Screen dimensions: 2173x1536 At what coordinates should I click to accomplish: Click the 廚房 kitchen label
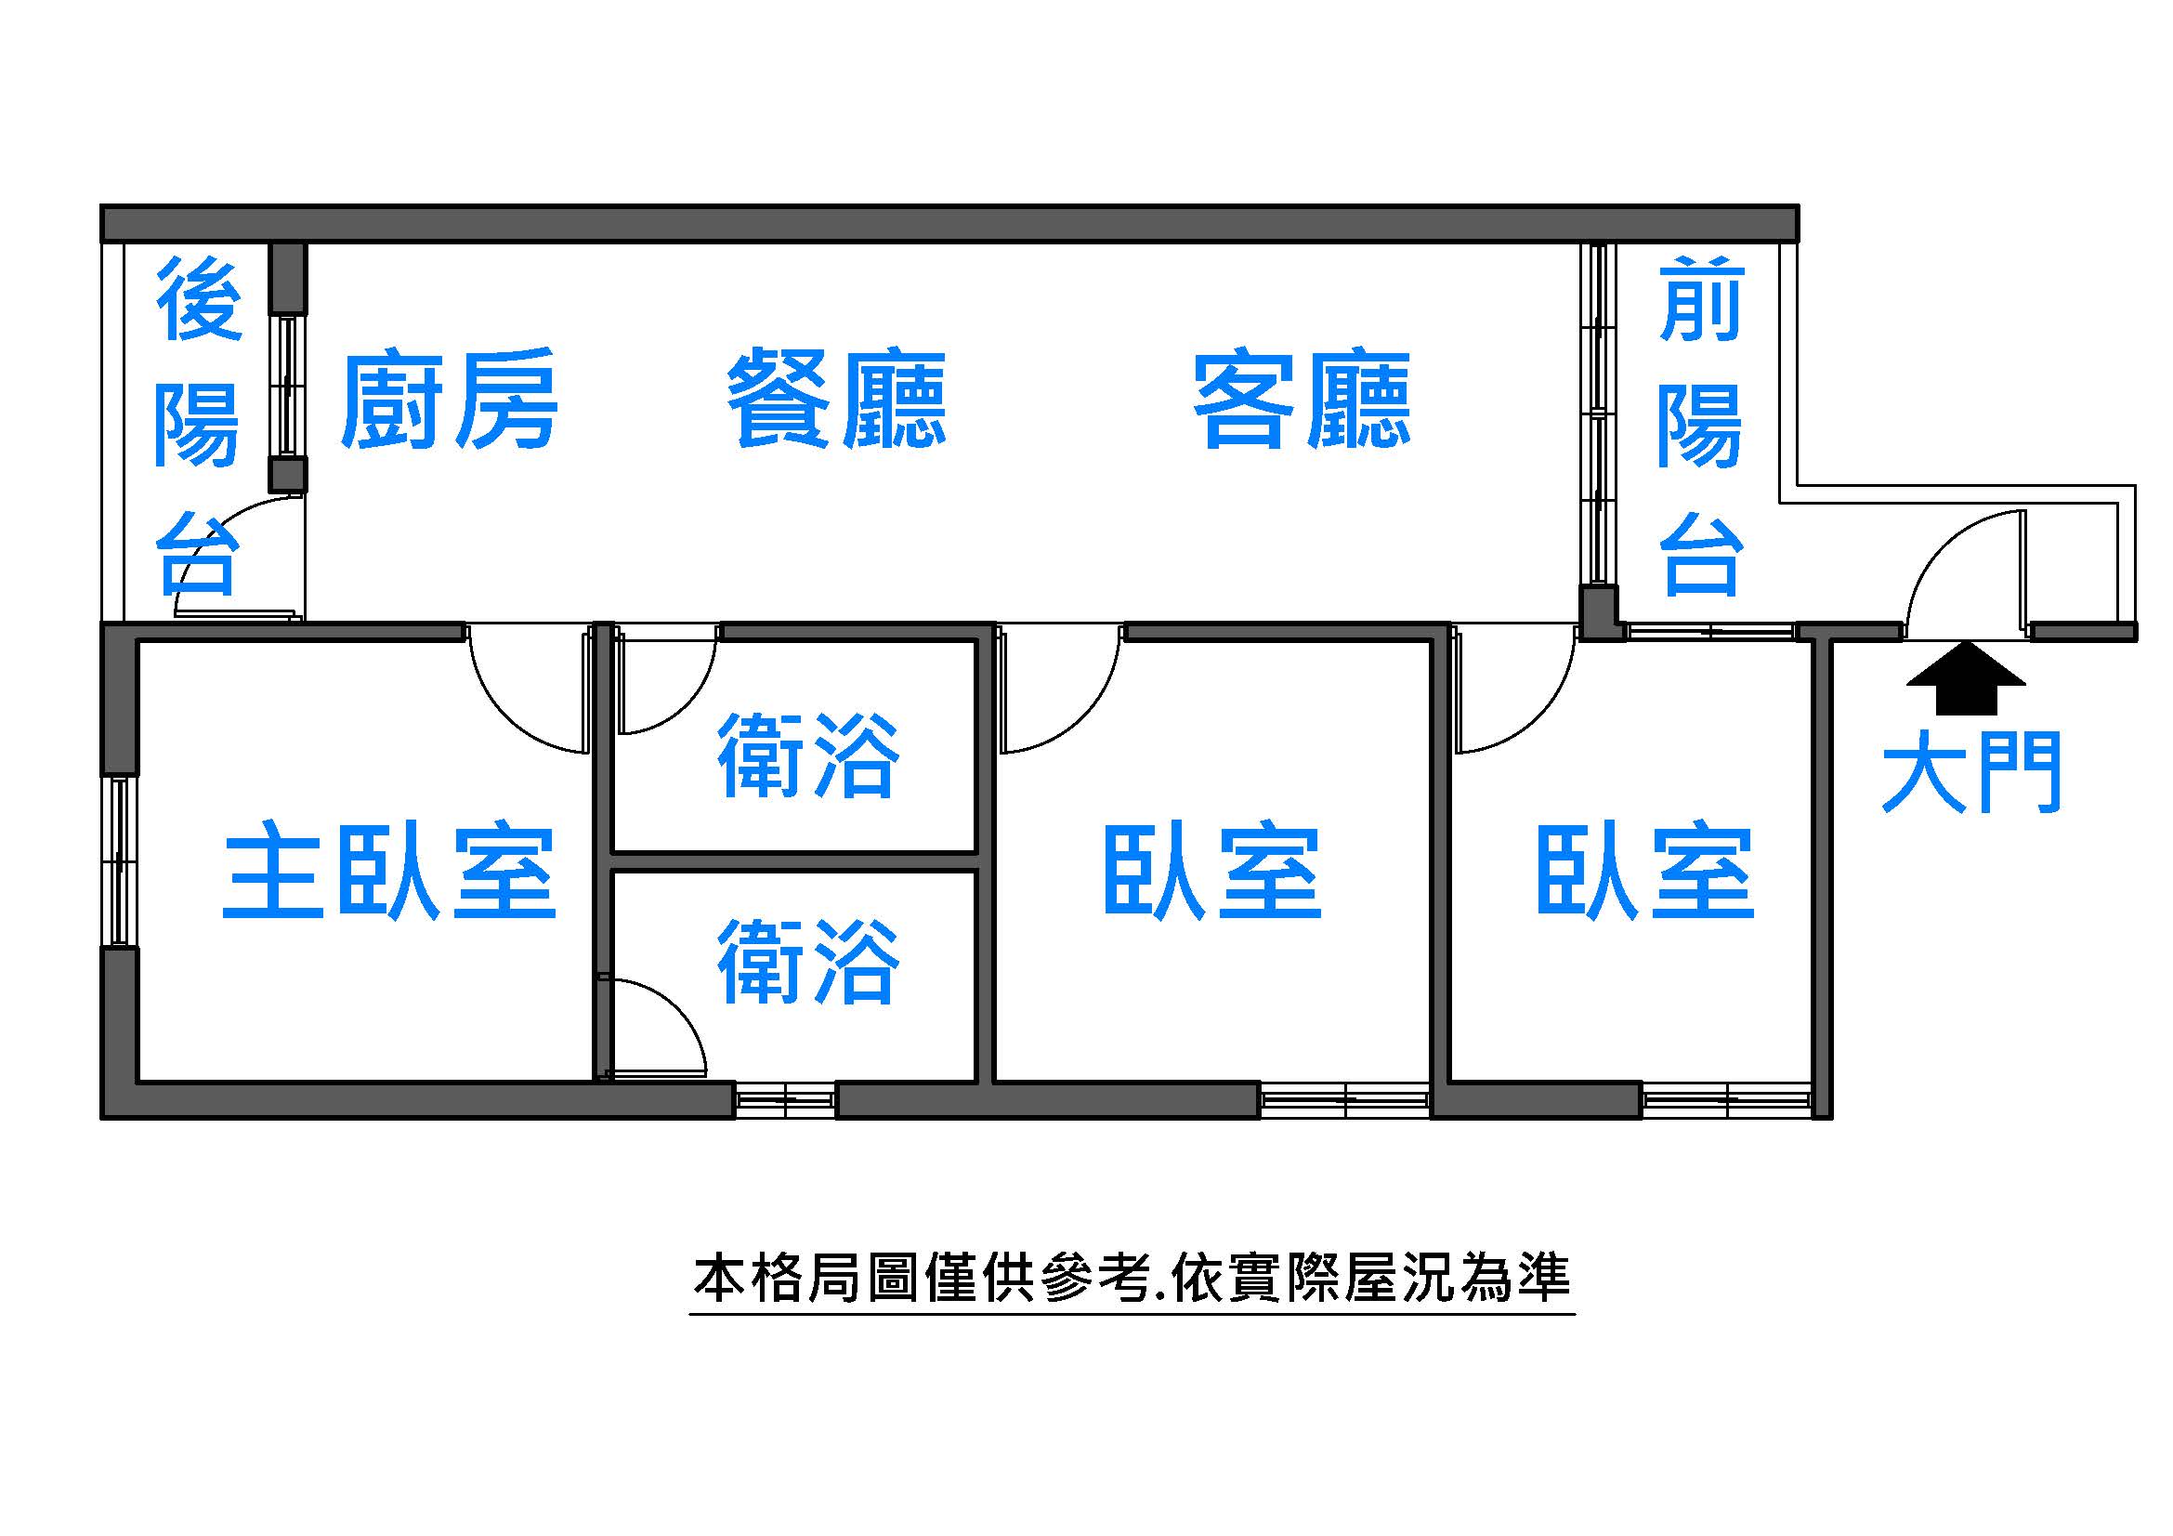click(449, 400)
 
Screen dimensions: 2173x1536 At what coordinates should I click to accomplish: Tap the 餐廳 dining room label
click(837, 400)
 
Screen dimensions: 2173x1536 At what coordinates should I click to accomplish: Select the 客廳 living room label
click(1302, 400)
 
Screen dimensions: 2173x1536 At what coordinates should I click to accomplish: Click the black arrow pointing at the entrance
click(1967, 677)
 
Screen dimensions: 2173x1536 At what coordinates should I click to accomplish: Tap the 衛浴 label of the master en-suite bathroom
click(807, 961)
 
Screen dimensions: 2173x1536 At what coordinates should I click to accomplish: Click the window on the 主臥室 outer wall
click(119, 860)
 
